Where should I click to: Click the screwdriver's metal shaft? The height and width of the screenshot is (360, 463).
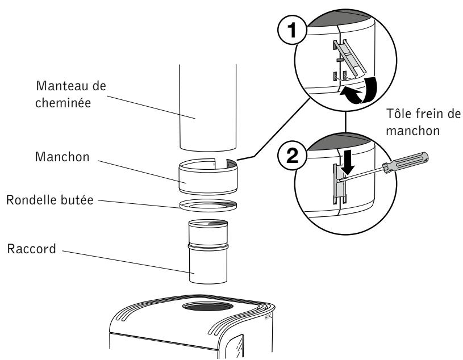point(366,174)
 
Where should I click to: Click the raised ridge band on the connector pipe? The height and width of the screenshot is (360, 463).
point(208,249)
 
